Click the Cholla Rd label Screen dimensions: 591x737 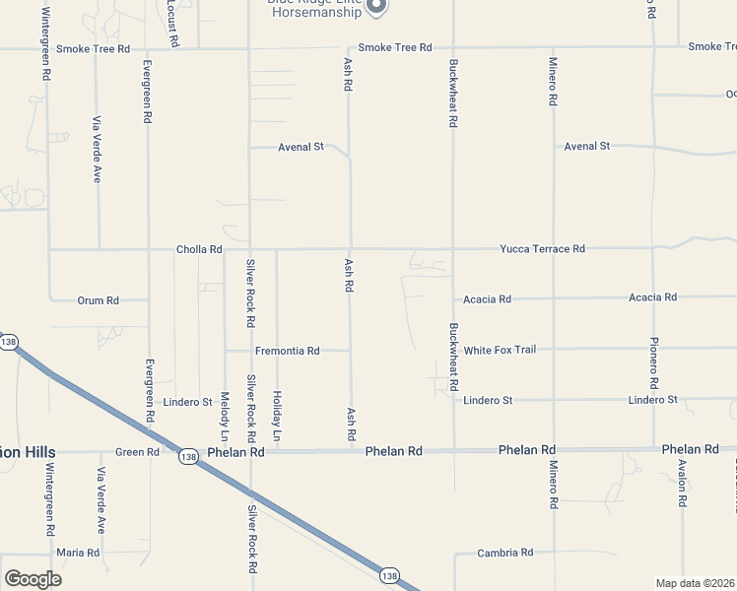tap(199, 249)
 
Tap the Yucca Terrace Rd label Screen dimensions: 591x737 tap(542, 249)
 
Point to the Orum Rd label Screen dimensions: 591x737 tap(98, 300)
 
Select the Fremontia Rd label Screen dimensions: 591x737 tap(287, 351)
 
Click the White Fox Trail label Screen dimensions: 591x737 tap(500, 350)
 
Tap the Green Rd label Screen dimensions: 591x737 tap(137, 452)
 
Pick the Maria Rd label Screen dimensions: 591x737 tap(78, 553)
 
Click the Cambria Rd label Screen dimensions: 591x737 tap(504, 553)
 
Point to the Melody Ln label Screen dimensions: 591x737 tap(225, 416)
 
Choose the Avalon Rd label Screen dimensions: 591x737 tap(682, 483)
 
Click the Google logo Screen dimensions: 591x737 tap(33, 578)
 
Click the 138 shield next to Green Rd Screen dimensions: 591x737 tap(187, 456)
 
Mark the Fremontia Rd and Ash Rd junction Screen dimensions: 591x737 tap(351, 350)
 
